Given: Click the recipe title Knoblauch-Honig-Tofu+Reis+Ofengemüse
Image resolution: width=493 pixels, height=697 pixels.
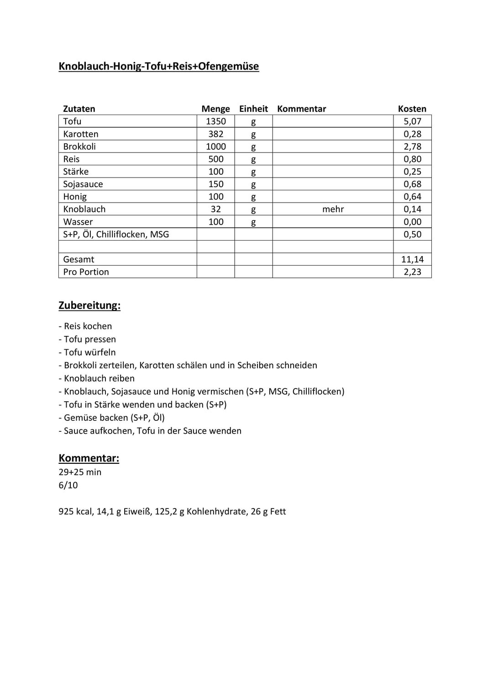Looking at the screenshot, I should pyautogui.click(x=158, y=66).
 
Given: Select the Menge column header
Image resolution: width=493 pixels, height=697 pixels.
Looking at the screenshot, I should pyautogui.click(x=215, y=109).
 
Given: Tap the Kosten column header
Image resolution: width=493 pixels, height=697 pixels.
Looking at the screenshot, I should pyautogui.click(x=412, y=109).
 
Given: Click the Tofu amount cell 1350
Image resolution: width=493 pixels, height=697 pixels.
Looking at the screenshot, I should pyautogui.click(x=215, y=121).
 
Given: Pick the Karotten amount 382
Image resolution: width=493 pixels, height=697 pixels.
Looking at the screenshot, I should pyautogui.click(x=215, y=134).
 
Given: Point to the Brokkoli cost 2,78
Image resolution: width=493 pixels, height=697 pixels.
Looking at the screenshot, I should pyautogui.click(x=412, y=147).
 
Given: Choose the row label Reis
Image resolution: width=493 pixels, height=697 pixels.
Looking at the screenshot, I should pyautogui.click(x=71, y=159).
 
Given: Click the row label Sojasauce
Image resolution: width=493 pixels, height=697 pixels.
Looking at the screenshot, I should pyautogui.click(x=83, y=184).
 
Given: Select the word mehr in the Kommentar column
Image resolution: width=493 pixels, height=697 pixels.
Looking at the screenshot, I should pyautogui.click(x=333, y=209).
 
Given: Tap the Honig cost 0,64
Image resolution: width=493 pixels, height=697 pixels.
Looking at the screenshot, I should pyautogui.click(x=412, y=197).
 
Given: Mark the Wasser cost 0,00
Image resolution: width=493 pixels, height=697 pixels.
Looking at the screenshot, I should pyautogui.click(x=412, y=222).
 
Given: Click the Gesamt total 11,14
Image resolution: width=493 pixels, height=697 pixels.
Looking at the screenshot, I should pyautogui.click(x=412, y=259).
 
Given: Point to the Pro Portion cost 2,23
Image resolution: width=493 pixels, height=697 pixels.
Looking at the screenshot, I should pyautogui.click(x=412, y=272).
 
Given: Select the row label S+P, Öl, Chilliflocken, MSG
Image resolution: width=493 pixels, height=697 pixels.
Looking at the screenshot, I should pyautogui.click(x=116, y=234).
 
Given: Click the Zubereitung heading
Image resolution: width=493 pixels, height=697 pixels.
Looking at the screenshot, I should pyautogui.click(x=89, y=305).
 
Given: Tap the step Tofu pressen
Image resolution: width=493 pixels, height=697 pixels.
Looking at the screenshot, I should pyautogui.click(x=89, y=339).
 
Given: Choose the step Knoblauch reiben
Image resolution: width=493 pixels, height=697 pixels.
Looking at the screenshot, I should pyautogui.click(x=99, y=378).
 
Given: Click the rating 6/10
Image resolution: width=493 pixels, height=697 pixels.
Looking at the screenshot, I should pyautogui.click(x=68, y=485).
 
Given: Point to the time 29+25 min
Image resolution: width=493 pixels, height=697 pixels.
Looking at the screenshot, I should pyautogui.click(x=80, y=472).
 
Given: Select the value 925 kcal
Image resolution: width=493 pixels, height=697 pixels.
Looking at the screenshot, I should pyautogui.click(x=76, y=512).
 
